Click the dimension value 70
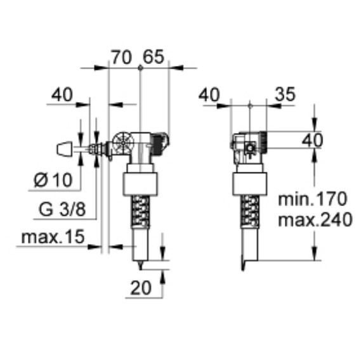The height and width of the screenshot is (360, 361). point(121,57)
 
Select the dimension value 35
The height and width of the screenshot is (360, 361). point(286,94)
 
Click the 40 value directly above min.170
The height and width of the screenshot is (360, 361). point(311,141)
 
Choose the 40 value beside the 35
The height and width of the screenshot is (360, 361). point(211,94)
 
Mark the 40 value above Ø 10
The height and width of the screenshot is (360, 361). point(62,94)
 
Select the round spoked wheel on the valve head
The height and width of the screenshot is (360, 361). point(122,141)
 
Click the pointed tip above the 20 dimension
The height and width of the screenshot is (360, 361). point(140,262)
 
